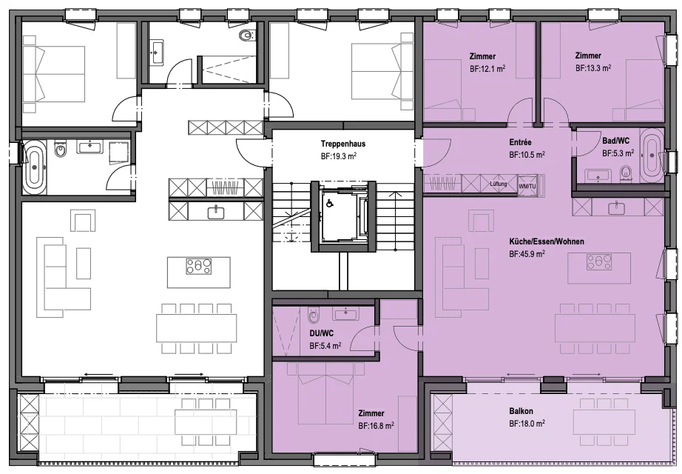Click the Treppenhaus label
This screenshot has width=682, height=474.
click(343, 144)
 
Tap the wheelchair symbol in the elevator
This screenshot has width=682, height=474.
click(330, 203)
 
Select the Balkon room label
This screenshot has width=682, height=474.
click(521, 411)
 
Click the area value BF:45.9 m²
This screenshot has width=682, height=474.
click(527, 253)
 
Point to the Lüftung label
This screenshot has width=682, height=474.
click(499, 184)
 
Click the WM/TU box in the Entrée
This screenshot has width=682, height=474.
click(527, 184)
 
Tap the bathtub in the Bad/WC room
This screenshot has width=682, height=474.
click(651, 155)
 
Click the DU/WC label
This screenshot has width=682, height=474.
click(322, 334)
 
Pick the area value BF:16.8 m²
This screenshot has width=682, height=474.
click(377, 426)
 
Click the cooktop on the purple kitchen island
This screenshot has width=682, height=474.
click(599, 262)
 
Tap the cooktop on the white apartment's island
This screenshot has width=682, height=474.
click(199, 267)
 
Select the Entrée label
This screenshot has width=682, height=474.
click(521, 142)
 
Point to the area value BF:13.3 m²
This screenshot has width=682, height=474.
click(593, 68)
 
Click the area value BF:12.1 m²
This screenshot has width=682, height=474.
click(487, 69)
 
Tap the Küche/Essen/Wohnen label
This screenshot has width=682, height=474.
click(547, 241)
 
